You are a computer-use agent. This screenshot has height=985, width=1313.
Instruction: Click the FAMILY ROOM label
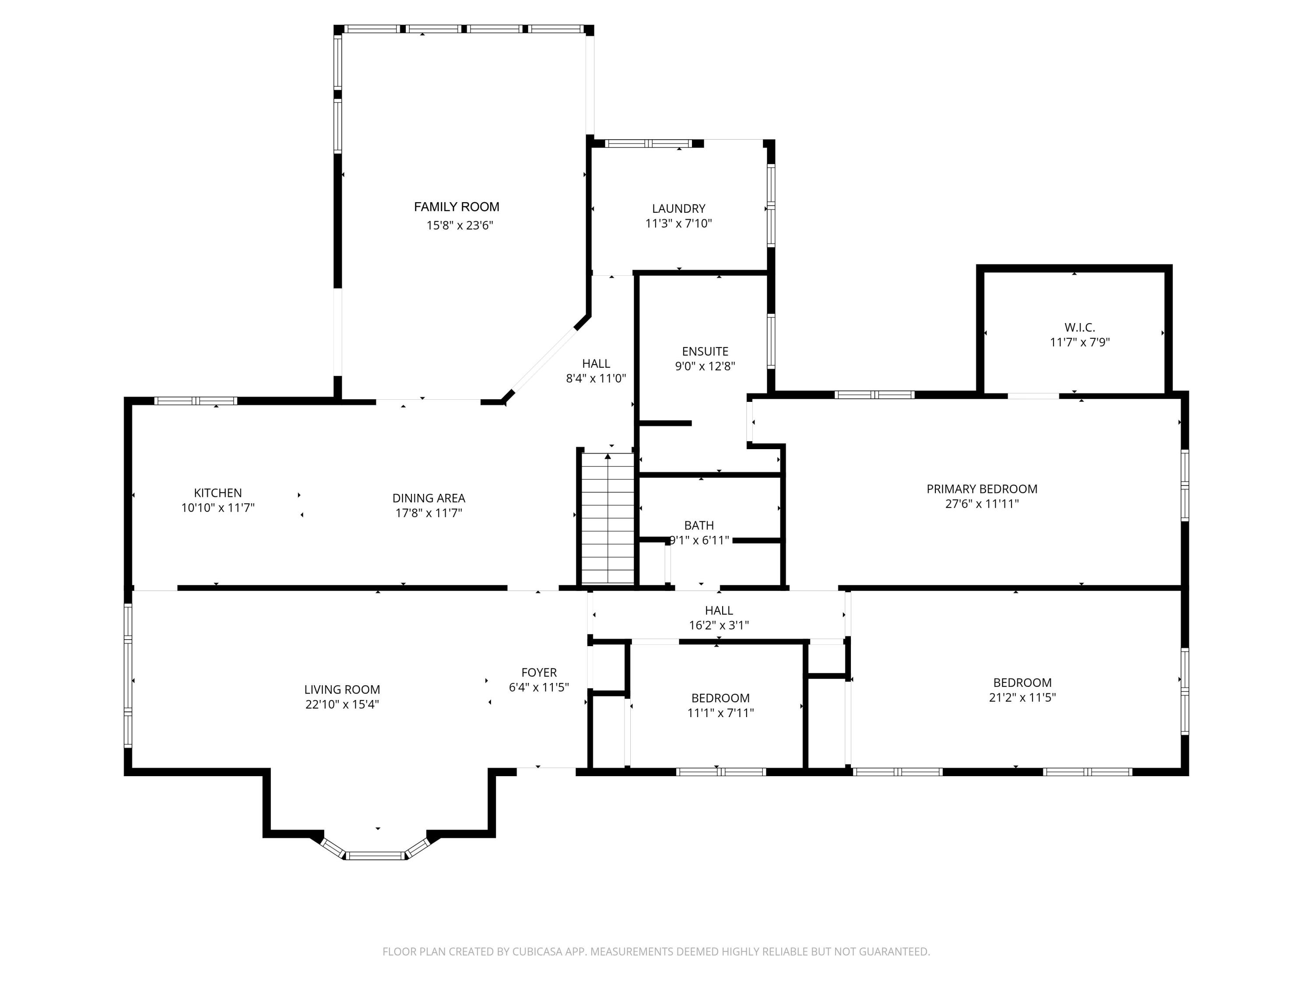point(456,207)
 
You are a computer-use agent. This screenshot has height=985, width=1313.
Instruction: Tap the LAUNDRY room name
point(678,208)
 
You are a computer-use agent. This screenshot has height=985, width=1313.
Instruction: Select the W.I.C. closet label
point(1080,327)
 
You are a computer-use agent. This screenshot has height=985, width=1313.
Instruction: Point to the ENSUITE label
point(705,352)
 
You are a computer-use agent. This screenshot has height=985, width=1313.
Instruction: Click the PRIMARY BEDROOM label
point(982,489)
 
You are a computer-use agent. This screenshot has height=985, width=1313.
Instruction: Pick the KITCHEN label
point(218,493)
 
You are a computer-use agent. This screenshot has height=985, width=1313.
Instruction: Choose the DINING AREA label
point(428,498)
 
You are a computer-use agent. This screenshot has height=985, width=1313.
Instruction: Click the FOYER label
point(539,672)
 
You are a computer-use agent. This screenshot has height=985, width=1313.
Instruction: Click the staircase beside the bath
point(608,518)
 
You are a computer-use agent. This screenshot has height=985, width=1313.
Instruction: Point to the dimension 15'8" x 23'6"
point(460,225)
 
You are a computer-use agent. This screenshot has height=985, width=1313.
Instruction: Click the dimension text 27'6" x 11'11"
point(982,504)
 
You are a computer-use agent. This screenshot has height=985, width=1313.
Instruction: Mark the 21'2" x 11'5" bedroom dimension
point(1022,698)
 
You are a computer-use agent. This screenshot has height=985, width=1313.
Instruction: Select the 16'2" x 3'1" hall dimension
point(719,625)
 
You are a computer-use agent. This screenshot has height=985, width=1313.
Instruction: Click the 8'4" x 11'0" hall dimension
point(596,379)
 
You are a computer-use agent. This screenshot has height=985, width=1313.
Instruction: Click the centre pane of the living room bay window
point(375,855)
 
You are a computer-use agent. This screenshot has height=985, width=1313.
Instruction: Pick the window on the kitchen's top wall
point(196,401)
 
